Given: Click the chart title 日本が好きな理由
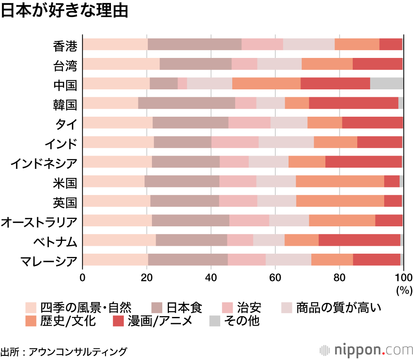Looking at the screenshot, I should pos(64,11).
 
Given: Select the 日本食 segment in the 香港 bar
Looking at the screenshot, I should pos(195,44).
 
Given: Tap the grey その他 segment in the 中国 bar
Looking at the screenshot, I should pos(387,83).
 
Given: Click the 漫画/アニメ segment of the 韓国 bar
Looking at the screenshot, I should pos(354,103).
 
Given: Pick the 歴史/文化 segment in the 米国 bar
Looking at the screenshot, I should pos(340,181).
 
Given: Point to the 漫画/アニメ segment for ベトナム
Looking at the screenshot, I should pos(359,240).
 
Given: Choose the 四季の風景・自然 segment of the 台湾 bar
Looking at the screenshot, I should pos(121,64).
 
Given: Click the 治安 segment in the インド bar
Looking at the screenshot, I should pos(235,142).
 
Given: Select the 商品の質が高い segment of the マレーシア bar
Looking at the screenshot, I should pos(288,259).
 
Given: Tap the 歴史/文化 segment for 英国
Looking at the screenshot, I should pos(340,201).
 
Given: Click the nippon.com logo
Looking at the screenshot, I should pos(366,350).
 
